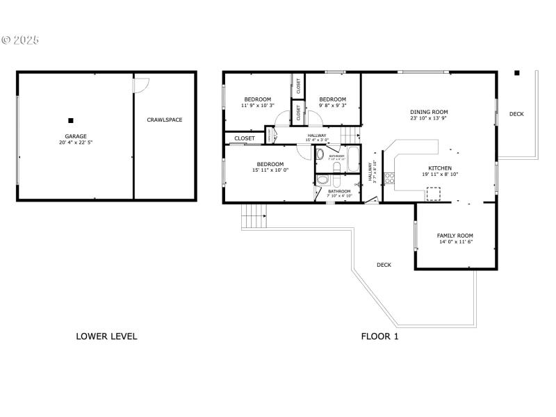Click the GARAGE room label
pos(76,136)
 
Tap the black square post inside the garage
pos(71,120)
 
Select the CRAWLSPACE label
pos(165,120)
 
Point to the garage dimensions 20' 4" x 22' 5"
pos(76,142)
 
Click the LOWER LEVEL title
pos(106,336)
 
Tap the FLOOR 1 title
pos(379,336)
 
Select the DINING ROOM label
pos(429,112)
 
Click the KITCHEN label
pos(439,168)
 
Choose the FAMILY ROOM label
pos(455,236)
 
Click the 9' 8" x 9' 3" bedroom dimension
pos(332,106)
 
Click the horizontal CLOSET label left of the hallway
pos(244,138)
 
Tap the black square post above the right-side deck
pos(516,73)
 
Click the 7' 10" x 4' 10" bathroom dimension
pos(340,196)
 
